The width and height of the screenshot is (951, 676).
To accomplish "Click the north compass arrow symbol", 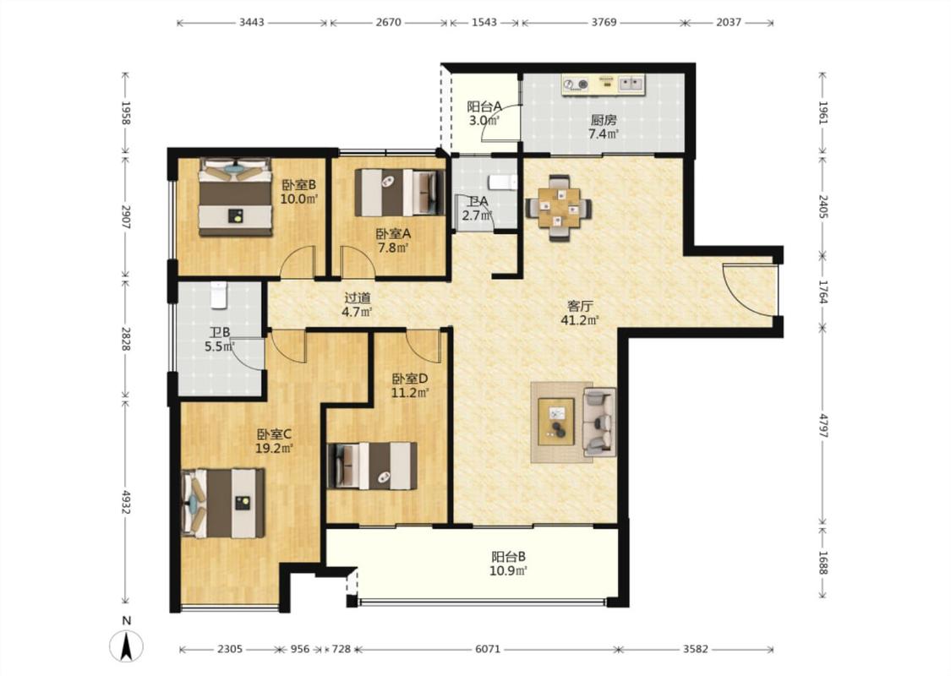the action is point(126,646).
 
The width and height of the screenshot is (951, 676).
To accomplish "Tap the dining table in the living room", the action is point(559,207).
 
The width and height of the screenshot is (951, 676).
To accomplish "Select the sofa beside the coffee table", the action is point(598,422).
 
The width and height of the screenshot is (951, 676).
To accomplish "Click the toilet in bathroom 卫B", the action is point(218,294).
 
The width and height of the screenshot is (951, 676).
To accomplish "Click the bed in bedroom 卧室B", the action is point(235,197).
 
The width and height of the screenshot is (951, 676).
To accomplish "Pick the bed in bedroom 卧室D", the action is point(372,466).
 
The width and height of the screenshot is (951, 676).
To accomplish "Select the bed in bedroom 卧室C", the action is point(224,503).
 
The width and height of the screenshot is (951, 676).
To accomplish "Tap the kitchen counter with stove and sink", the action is point(604,84).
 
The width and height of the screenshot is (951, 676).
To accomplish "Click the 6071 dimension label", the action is point(488,649).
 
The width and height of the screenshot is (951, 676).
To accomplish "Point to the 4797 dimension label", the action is point(823,425).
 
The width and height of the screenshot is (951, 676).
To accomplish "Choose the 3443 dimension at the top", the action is point(252,23).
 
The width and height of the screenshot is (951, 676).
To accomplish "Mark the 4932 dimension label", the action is point(126,502).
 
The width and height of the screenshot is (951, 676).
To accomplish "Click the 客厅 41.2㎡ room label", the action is point(580,313).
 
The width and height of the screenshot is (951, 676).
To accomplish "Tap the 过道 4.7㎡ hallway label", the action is point(357,305).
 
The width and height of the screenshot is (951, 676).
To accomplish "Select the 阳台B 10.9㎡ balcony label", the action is point(508,564).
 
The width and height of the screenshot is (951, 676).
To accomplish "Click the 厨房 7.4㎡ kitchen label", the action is point(604,127).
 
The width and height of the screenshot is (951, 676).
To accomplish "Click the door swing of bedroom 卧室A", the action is point(358,262).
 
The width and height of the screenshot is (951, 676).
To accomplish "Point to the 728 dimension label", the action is point(342,649).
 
